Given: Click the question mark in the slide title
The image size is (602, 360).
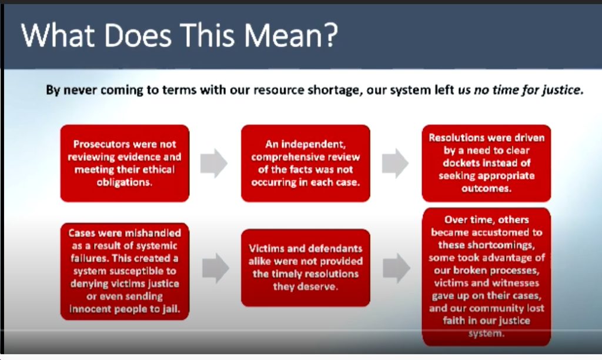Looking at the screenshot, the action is coord(329,35).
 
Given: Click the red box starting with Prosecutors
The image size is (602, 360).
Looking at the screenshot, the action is coord(125,164).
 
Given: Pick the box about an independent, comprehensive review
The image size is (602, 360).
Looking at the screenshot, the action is coord(306,164).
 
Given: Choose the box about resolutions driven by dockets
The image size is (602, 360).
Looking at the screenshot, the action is coord(486,164).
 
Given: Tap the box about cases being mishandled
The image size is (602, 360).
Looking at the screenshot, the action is coord(125,271).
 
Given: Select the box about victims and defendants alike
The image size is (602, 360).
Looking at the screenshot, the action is coord(306,268).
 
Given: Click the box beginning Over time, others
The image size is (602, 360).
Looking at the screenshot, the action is coord(486,276).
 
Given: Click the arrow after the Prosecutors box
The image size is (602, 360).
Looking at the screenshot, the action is coord(214,164).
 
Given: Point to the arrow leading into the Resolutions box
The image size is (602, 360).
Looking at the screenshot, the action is coord(395,164).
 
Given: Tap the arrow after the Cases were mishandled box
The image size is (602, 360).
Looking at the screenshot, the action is coord(216,268).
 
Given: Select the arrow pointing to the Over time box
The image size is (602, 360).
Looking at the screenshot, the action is coord(397,268).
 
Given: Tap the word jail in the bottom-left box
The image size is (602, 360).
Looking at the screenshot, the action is coord(171,309).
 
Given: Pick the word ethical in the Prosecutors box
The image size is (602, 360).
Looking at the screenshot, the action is coord(158,170).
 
